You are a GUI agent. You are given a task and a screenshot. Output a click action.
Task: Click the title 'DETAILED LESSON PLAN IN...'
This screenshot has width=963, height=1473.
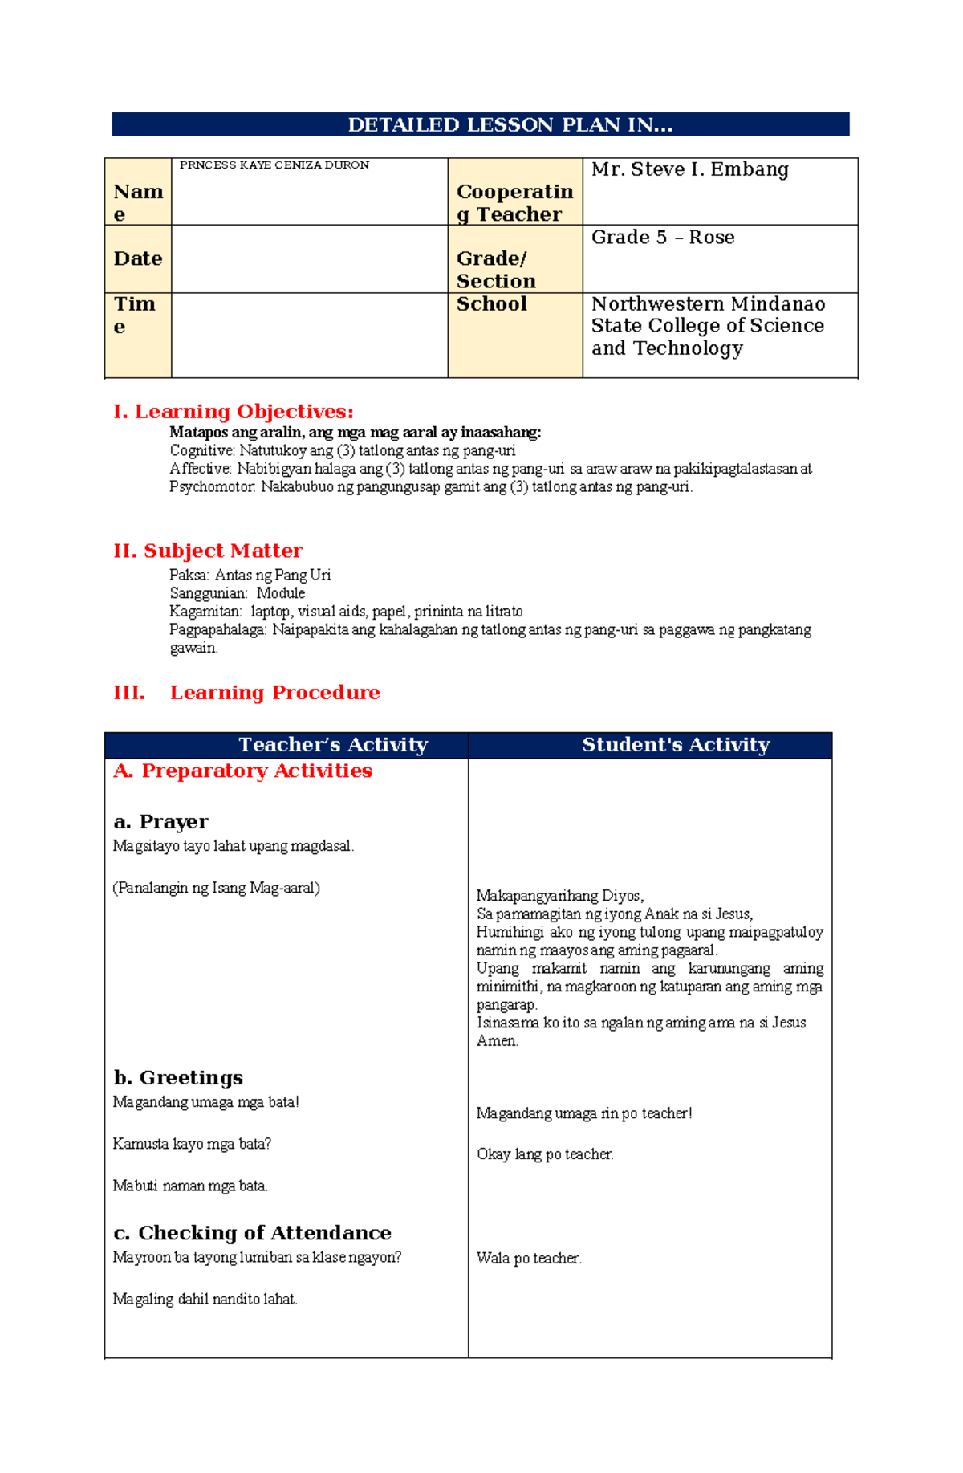[x=510, y=124]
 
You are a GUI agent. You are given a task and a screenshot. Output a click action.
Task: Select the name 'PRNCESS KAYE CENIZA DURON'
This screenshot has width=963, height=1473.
[x=274, y=165]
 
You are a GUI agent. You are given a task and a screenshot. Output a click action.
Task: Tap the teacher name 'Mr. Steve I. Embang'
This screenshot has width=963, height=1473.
[x=689, y=169]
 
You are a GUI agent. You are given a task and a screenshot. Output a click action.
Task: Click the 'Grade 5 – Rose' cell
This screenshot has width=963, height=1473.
[x=662, y=238]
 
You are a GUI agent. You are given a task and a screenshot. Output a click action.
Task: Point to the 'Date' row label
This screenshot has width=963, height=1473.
[x=138, y=258]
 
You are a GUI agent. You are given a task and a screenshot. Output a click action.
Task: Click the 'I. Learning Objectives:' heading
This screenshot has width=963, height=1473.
[x=234, y=412]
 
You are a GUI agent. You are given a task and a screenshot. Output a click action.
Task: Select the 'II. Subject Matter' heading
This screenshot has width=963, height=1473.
[x=208, y=551]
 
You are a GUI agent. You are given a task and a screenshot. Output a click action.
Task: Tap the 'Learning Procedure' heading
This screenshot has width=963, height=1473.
[x=274, y=693]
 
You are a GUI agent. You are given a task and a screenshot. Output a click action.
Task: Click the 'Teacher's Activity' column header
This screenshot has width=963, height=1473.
[x=333, y=745]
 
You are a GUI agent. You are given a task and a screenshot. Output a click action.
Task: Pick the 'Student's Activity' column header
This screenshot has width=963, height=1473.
[x=676, y=745]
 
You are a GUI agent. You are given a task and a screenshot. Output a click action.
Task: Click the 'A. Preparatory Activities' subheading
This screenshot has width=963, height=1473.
[x=242, y=771]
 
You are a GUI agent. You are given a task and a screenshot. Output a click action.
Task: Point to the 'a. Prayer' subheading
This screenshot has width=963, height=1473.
[x=160, y=822]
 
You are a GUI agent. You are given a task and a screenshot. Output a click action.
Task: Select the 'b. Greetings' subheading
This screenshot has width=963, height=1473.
[x=178, y=1078]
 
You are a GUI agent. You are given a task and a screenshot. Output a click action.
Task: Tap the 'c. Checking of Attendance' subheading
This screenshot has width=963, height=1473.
[x=252, y=1233]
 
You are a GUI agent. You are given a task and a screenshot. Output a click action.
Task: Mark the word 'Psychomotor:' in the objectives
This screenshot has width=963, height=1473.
[x=213, y=487]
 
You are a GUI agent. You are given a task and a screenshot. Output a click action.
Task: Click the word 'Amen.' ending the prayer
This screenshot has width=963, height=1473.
[x=498, y=1041]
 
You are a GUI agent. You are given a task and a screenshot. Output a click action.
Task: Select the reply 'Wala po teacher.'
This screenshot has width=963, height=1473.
[x=529, y=1259]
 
